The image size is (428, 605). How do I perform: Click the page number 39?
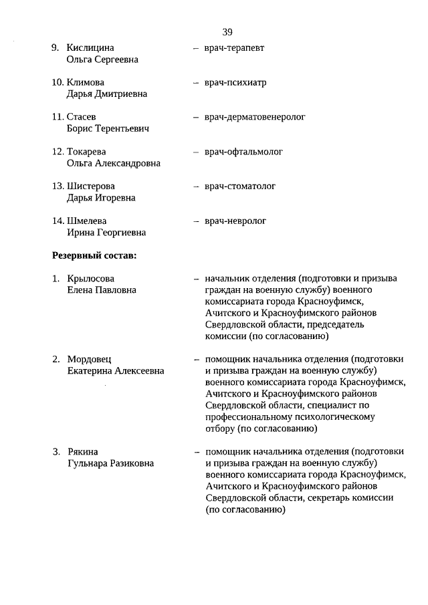tap(227, 31)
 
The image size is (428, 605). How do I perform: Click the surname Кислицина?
tap(90, 48)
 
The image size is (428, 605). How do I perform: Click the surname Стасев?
tap(82, 117)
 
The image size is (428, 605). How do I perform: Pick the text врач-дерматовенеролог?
tap(255, 117)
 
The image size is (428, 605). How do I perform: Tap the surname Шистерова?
tap(91, 187)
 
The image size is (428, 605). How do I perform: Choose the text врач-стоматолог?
tap(240, 187)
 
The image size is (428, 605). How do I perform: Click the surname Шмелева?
tap(87, 221)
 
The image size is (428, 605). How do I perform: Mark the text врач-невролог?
tap(235, 221)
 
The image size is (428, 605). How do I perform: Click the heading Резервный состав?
tap(94, 255)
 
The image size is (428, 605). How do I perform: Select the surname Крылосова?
tap(91, 279)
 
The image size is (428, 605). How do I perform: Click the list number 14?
tap(58, 221)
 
